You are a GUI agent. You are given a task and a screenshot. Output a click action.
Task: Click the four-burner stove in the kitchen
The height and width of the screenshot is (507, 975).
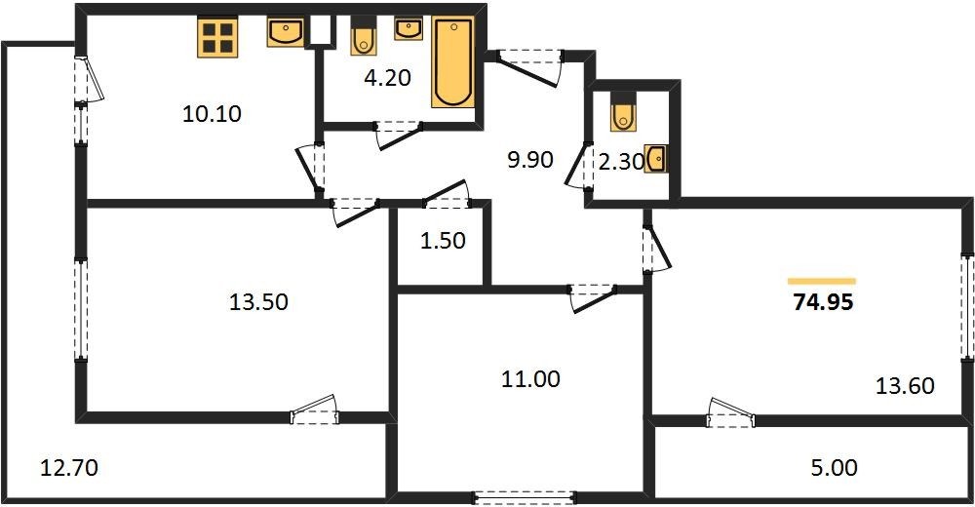[x=217, y=37]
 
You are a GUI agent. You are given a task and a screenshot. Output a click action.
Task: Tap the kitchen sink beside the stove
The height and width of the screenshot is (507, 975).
[x=286, y=32]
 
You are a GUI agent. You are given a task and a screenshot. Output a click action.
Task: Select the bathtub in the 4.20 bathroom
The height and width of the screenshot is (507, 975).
[x=452, y=62]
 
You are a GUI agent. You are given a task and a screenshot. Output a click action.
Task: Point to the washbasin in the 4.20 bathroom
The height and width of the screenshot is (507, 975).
[x=409, y=28]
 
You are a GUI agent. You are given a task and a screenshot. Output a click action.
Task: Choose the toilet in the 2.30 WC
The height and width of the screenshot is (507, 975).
[x=623, y=111]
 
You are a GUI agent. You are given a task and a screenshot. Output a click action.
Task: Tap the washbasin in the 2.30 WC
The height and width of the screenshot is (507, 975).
[x=656, y=159]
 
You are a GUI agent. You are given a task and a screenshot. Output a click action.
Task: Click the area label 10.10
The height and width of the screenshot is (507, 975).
[x=212, y=114]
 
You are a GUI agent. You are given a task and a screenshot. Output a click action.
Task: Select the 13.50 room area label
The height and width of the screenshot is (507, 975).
[x=258, y=302]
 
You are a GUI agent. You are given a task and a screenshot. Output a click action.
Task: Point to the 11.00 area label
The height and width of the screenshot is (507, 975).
[x=530, y=378]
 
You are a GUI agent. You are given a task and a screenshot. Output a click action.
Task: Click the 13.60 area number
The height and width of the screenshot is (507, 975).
[x=905, y=386]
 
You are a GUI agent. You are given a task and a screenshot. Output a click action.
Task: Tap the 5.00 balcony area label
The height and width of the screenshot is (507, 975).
[x=835, y=467]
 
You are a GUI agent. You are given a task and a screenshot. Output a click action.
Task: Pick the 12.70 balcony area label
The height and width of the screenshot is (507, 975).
[x=69, y=467]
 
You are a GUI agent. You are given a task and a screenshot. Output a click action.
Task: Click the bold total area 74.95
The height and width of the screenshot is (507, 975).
[x=823, y=302]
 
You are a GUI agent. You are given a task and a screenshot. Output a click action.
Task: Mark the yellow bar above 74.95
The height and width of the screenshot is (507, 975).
[x=821, y=281]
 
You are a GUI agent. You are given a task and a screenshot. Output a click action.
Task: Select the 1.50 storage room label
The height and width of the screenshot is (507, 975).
[x=443, y=240]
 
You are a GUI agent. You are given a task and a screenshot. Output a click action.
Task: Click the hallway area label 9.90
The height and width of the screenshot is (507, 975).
[x=530, y=160]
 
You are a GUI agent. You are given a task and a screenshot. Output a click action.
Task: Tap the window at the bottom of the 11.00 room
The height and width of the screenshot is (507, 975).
[x=525, y=497]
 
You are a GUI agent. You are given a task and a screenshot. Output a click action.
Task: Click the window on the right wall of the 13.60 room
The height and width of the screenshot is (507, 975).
[x=967, y=306]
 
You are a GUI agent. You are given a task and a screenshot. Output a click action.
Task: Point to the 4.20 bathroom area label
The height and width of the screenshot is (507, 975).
[x=388, y=78]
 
